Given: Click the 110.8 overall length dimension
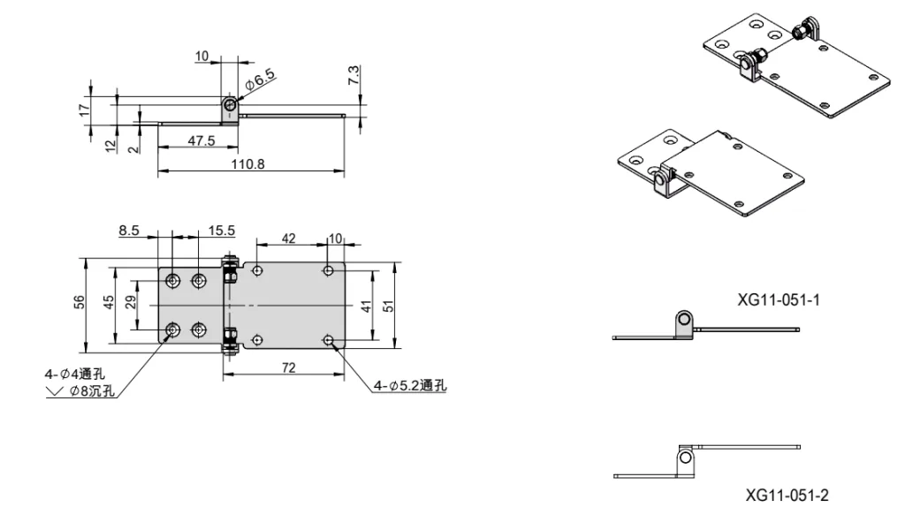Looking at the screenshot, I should pos(247,164).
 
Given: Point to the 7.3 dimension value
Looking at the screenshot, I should pos(354,75).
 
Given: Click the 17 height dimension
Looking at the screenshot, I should pos(84,110).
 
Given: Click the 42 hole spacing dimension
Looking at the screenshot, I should pos(288,237).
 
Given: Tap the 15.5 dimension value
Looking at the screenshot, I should pos(222,231).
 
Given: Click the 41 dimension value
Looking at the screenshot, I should pos(365,306).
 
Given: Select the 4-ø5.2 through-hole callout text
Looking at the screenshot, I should pos(410,385).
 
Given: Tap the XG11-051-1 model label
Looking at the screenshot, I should pos(779,300).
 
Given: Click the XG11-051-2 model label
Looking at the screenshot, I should pos(786,495).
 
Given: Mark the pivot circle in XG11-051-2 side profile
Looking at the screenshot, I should pos(684,458).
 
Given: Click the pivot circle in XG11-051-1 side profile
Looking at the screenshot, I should pos(684,318).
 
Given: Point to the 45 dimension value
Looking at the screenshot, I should pos(109,302).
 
